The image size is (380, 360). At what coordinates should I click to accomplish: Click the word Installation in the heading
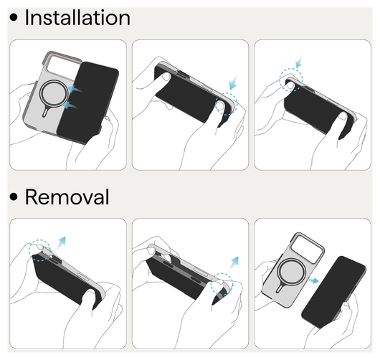click(77, 17)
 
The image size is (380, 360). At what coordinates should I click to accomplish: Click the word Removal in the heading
click(67, 196)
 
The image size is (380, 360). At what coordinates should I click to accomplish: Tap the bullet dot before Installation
click(14, 17)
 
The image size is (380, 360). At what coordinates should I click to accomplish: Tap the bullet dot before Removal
click(14, 196)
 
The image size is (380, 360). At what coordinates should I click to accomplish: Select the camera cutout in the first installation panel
click(64, 67)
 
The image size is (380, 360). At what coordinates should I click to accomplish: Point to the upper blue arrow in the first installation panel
click(75, 89)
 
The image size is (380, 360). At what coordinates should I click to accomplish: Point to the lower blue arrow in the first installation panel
click(70, 105)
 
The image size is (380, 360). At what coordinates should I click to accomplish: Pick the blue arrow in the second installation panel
click(233, 82)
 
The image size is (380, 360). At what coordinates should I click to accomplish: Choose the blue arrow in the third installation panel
click(299, 62)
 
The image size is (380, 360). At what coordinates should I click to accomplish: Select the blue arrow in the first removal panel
click(61, 243)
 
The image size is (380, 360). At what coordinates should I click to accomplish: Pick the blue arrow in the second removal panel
click(234, 263)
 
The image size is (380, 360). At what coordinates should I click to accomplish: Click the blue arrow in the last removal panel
click(313, 280)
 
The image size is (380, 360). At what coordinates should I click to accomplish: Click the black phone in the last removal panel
click(333, 291)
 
